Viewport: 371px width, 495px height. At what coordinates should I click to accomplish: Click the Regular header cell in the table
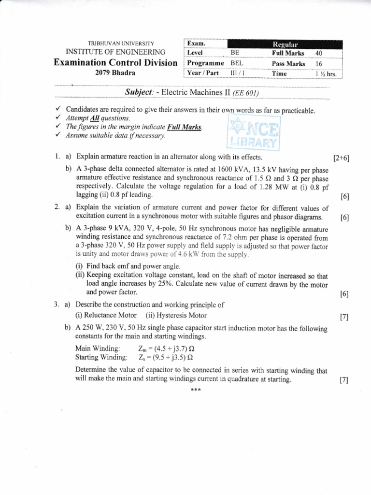click(x=286, y=44)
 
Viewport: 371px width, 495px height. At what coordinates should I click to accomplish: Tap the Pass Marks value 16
click(x=318, y=63)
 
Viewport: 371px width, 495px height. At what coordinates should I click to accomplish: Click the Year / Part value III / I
click(x=237, y=73)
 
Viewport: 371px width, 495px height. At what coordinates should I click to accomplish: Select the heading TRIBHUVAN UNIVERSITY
click(x=115, y=44)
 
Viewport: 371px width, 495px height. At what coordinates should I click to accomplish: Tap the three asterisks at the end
click(x=195, y=390)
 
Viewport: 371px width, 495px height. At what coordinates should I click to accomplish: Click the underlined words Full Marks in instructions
click(x=185, y=127)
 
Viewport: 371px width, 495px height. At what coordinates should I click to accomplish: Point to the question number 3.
click(x=57, y=305)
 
